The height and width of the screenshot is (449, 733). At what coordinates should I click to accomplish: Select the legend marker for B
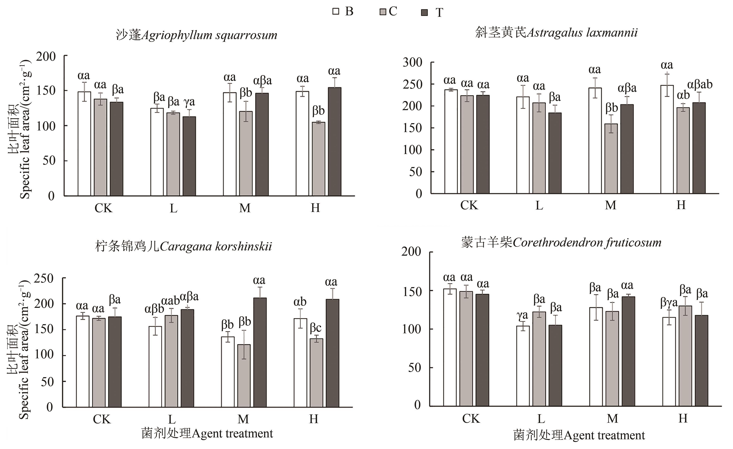click(x=336, y=12)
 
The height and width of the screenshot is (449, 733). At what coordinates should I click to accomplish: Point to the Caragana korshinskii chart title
click(x=184, y=247)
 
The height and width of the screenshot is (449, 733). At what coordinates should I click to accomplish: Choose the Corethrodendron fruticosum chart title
click(x=561, y=243)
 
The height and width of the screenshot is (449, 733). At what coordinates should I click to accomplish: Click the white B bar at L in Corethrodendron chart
click(x=523, y=366)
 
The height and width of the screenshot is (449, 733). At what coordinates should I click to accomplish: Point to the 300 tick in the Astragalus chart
click(x=412, y=63)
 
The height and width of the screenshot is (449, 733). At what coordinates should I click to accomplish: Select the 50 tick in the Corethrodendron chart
click(x=414, y=368)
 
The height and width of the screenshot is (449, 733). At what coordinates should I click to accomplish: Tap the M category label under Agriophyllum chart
click(x=245, y=208)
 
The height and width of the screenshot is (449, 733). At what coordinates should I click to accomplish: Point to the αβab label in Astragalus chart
click(x=699, y=84)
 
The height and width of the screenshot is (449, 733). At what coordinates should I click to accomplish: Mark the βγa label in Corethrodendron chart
click(x=669, y=303)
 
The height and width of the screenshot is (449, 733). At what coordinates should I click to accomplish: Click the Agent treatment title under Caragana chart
click(x=207, y=433)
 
